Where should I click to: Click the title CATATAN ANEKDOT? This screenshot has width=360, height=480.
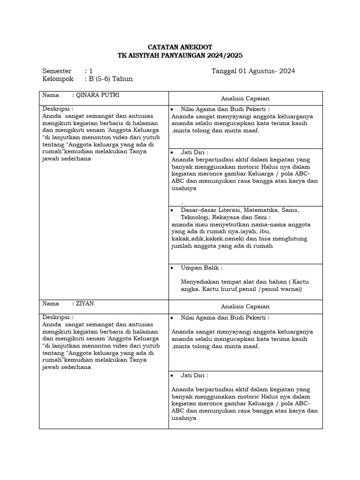pyautogui.click(x=180, y=47)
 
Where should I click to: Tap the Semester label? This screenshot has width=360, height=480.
pyautogui.click(x=57, y=71)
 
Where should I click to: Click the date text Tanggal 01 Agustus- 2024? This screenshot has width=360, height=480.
pyautogui.click(x=253, y=71)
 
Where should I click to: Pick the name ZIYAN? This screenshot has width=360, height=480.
pyautogui.click(x=85, y=303)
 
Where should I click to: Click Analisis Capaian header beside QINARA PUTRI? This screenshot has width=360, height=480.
pyautogui.click(x=245, y=98)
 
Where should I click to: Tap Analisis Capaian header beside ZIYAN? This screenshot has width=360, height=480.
pyautogui.click(x=245, y=307)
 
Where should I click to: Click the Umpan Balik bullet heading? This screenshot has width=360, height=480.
pyautogui.click(x=202, y=268)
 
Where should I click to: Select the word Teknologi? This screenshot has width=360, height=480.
pyautogui.click(x=195, y=217)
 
